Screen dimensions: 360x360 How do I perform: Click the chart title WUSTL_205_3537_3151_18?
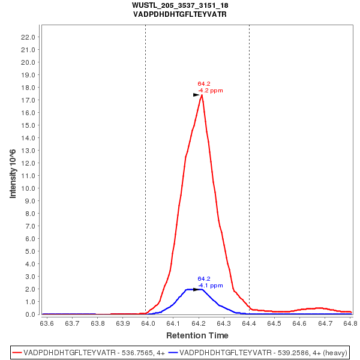180,5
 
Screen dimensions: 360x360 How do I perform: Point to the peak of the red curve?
202,95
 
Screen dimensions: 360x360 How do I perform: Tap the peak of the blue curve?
198,289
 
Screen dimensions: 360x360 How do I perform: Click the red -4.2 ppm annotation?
211,91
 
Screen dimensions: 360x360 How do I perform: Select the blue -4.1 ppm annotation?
211,286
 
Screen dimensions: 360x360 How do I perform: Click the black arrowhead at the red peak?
196,95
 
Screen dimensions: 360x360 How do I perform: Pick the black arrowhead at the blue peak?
196,289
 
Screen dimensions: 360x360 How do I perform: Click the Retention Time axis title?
197,335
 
